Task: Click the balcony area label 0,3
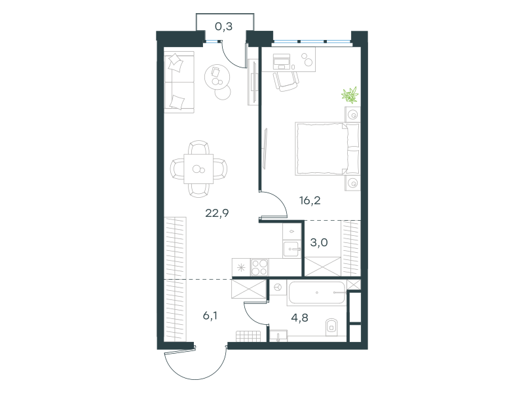pyautogui.click(x=223, y=26)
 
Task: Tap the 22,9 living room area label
pyautogui.click(x=217, y=213)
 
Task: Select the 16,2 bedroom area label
pyautogui.click(x=310, y=200)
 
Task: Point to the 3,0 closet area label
pyautogui.click(x=319, y=242)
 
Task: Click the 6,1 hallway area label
pyautogui.click(x=210, y=315)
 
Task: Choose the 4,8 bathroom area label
pyautogui.click(x=299, y=318)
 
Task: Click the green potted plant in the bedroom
pyautogui.click(x=350, y=94)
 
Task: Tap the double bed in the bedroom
pyautogui.click(x=327, y=149)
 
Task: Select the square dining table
pyautogui.click(x=198, y=169)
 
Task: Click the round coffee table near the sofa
pyautogui.click(x=217, y=77)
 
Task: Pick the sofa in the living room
pyautogui.click(x=179, y=83)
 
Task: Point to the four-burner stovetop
pyautogui.click(x=259, y=267)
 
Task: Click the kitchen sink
pyautogui.click(x=291, y=249)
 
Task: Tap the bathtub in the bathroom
pyautogui.click(x=317, y=293)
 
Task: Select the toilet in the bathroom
pyautogui.click(x=331, y=326)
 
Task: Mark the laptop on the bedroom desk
pyautogui.click(x=282, y=61)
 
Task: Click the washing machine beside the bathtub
pyautogui.click(x=277, y=288)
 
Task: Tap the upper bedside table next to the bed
pyautogui.click(x=352, y=115)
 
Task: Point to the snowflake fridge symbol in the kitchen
pyautogui.click(x=241, y=267)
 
